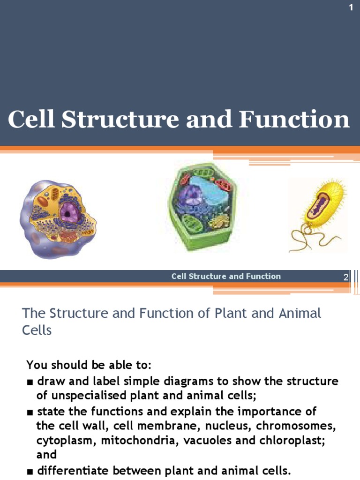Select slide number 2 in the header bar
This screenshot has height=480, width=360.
tap(346, 277)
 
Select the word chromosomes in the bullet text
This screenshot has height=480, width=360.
tap(300, 427)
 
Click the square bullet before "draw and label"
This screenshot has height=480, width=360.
tap(30, 382)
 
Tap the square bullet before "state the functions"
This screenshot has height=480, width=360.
tap(30, 412)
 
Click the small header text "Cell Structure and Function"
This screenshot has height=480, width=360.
tap(226, 276)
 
